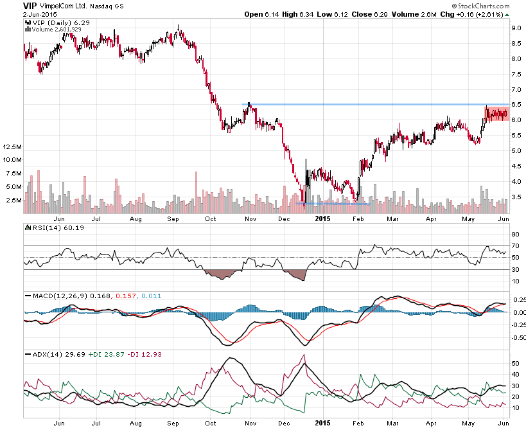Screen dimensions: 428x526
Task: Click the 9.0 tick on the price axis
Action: pos(515,28)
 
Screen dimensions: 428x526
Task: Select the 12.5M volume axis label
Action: pos(12,147)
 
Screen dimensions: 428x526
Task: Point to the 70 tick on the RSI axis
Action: pos(515,245)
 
